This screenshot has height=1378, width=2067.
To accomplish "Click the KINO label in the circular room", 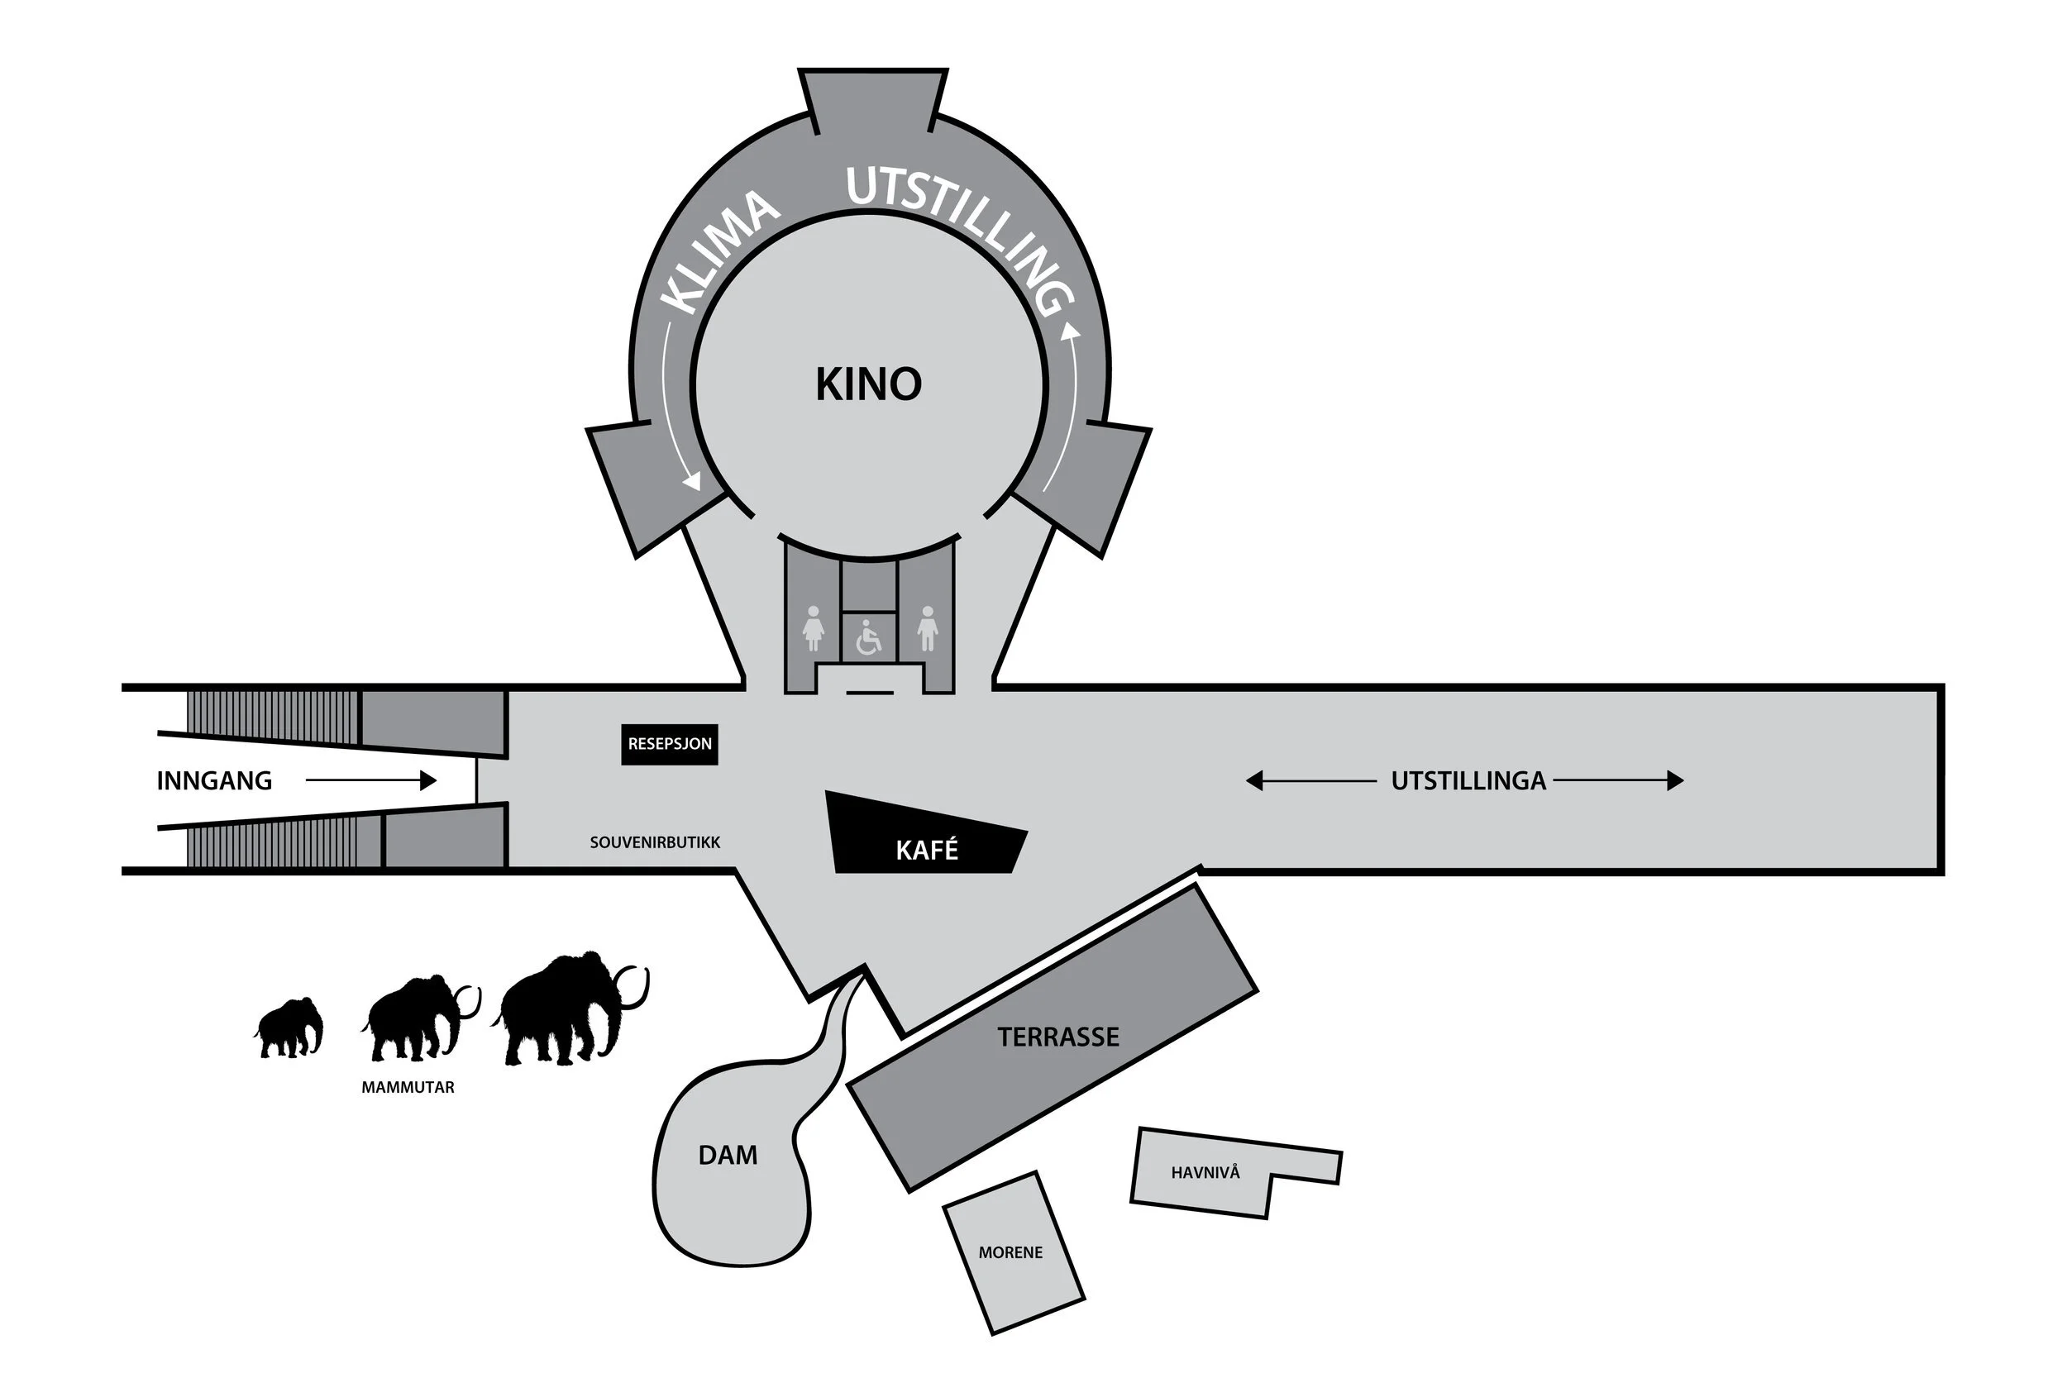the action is pyautogui.click(x=868, y=384).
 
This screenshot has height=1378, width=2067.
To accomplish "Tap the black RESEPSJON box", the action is pyautogui.click(x=670, y=743).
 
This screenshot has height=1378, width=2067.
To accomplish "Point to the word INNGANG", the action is pyautogui.click(x=214, y=780).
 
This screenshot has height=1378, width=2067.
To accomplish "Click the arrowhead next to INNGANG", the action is pyautogui.click(x=428, y=780).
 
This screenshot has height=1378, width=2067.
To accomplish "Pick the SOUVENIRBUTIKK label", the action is pyautogui.click(x=655, y=842).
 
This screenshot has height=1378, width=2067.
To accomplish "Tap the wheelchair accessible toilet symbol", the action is pyautogui.click(x=868, y=638).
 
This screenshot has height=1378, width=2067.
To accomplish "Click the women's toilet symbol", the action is pyautogui.click(x=814, y=627).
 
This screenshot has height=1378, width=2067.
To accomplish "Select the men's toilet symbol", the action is pyautogui.click(x=927, y=627).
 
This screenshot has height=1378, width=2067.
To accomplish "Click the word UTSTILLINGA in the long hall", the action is pyautogui.click(x=1468, y=780).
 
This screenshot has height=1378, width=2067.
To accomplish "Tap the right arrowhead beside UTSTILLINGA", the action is pyautogui.click(x=1675, y=780).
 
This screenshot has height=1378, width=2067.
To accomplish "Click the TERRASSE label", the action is pyautogui.click(x=1058, y=1037).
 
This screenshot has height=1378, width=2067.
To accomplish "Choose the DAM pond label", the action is pyautogui.click(x=728, y=1155).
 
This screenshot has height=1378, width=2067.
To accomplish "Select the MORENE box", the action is pyautogui.click(x=1012, y=1252).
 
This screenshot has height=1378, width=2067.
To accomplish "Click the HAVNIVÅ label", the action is pyautogui.click(x=1205, y=1172).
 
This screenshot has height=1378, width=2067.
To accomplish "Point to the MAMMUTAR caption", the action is pyautogui.click(x=408, y=1087).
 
